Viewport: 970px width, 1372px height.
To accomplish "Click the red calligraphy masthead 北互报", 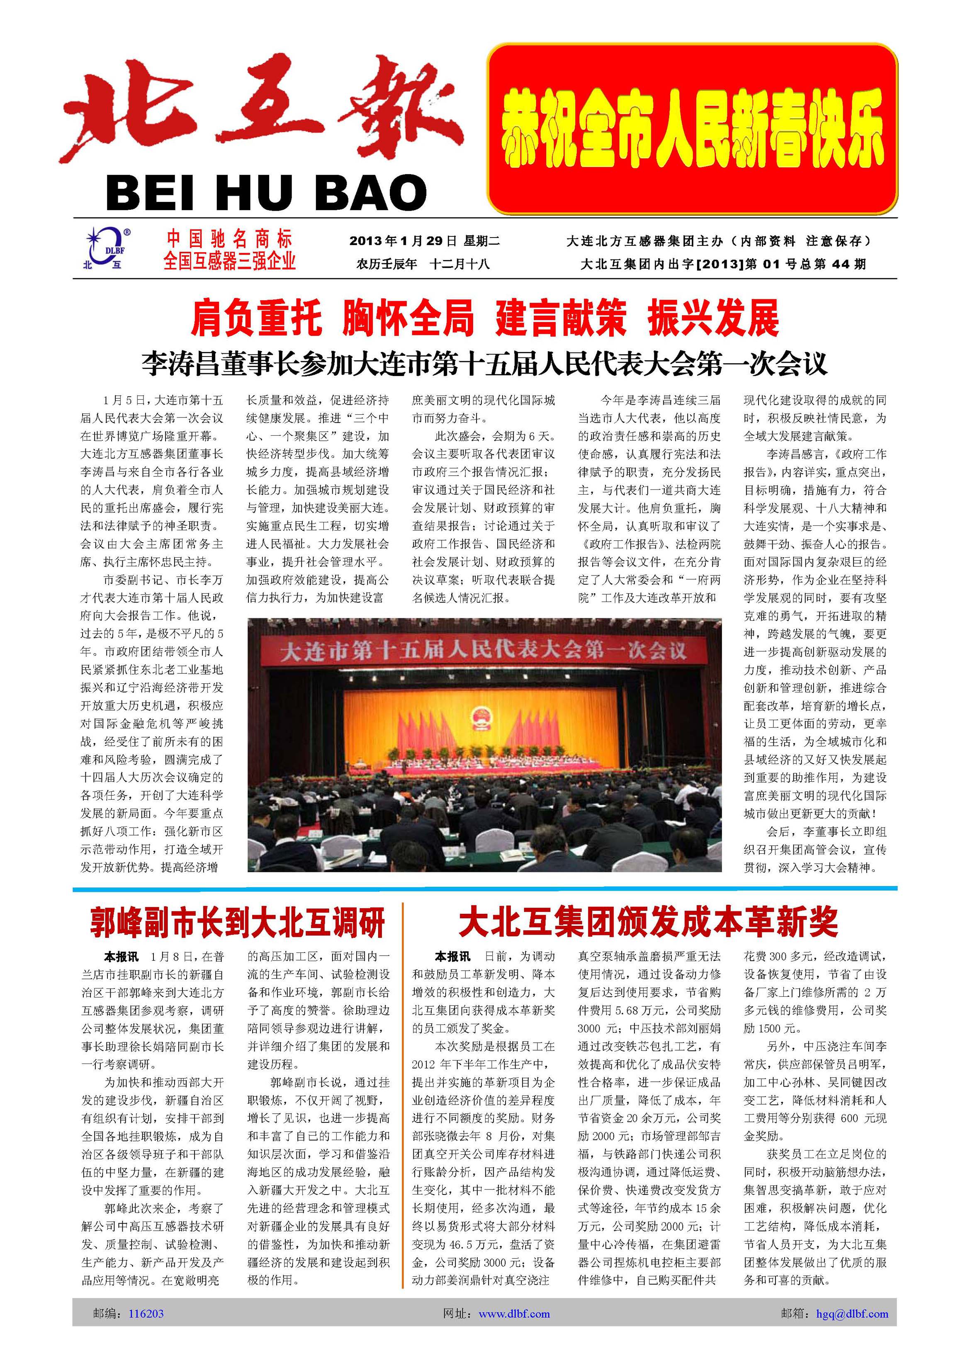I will (x=263, y=111).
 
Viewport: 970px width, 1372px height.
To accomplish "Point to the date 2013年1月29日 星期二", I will (x=424, y=241).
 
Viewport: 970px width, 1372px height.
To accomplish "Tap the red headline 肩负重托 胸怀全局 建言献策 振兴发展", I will (x=485, y=318).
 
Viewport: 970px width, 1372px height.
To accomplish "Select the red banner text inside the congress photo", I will (x=484, y=650).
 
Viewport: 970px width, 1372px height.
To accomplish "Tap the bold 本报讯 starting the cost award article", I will (x=452, y=957).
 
